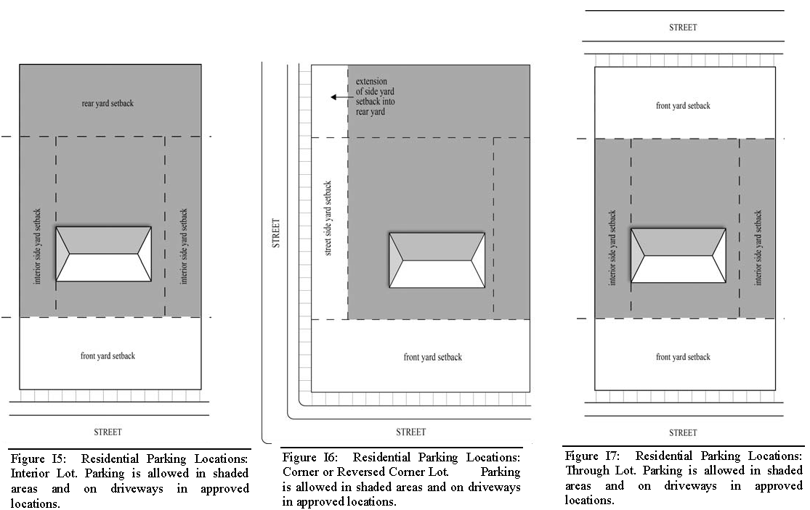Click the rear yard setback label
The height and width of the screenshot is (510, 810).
click(x=108, y=103)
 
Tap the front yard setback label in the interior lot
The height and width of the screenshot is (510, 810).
click(x=108, y=355)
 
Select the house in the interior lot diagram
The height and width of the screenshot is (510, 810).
click(x=104, y=254)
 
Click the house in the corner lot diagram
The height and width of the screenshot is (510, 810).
click(x=437, y=260)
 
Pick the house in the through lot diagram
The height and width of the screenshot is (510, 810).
click(x=679, y=255)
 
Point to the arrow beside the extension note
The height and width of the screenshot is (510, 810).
click(x=338, y=96)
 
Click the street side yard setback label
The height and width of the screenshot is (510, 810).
click(x=328, y=218)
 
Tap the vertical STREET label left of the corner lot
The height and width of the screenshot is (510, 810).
click(x=276, y=234)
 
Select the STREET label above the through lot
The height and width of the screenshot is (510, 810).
click(x=682, y=28)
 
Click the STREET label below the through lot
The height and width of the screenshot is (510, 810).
click(x=682, y=432)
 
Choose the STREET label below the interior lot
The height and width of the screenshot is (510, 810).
click(x=108, y=432)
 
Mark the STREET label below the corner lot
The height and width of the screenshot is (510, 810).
click(x=410, y=432)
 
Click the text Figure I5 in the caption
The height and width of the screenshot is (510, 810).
click(x=34, y=458)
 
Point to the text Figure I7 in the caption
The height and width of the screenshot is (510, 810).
click(x=588, y=456)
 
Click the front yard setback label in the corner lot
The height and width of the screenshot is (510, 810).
click(x=433, y=357)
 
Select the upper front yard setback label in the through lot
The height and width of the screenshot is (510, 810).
click(x=683, y=105)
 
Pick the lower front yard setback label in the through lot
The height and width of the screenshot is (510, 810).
click(x=683, y=357)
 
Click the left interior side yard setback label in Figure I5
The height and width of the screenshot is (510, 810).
click(x=38, y=246)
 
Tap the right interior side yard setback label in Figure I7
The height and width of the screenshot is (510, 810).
click(x=758, y=247)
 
